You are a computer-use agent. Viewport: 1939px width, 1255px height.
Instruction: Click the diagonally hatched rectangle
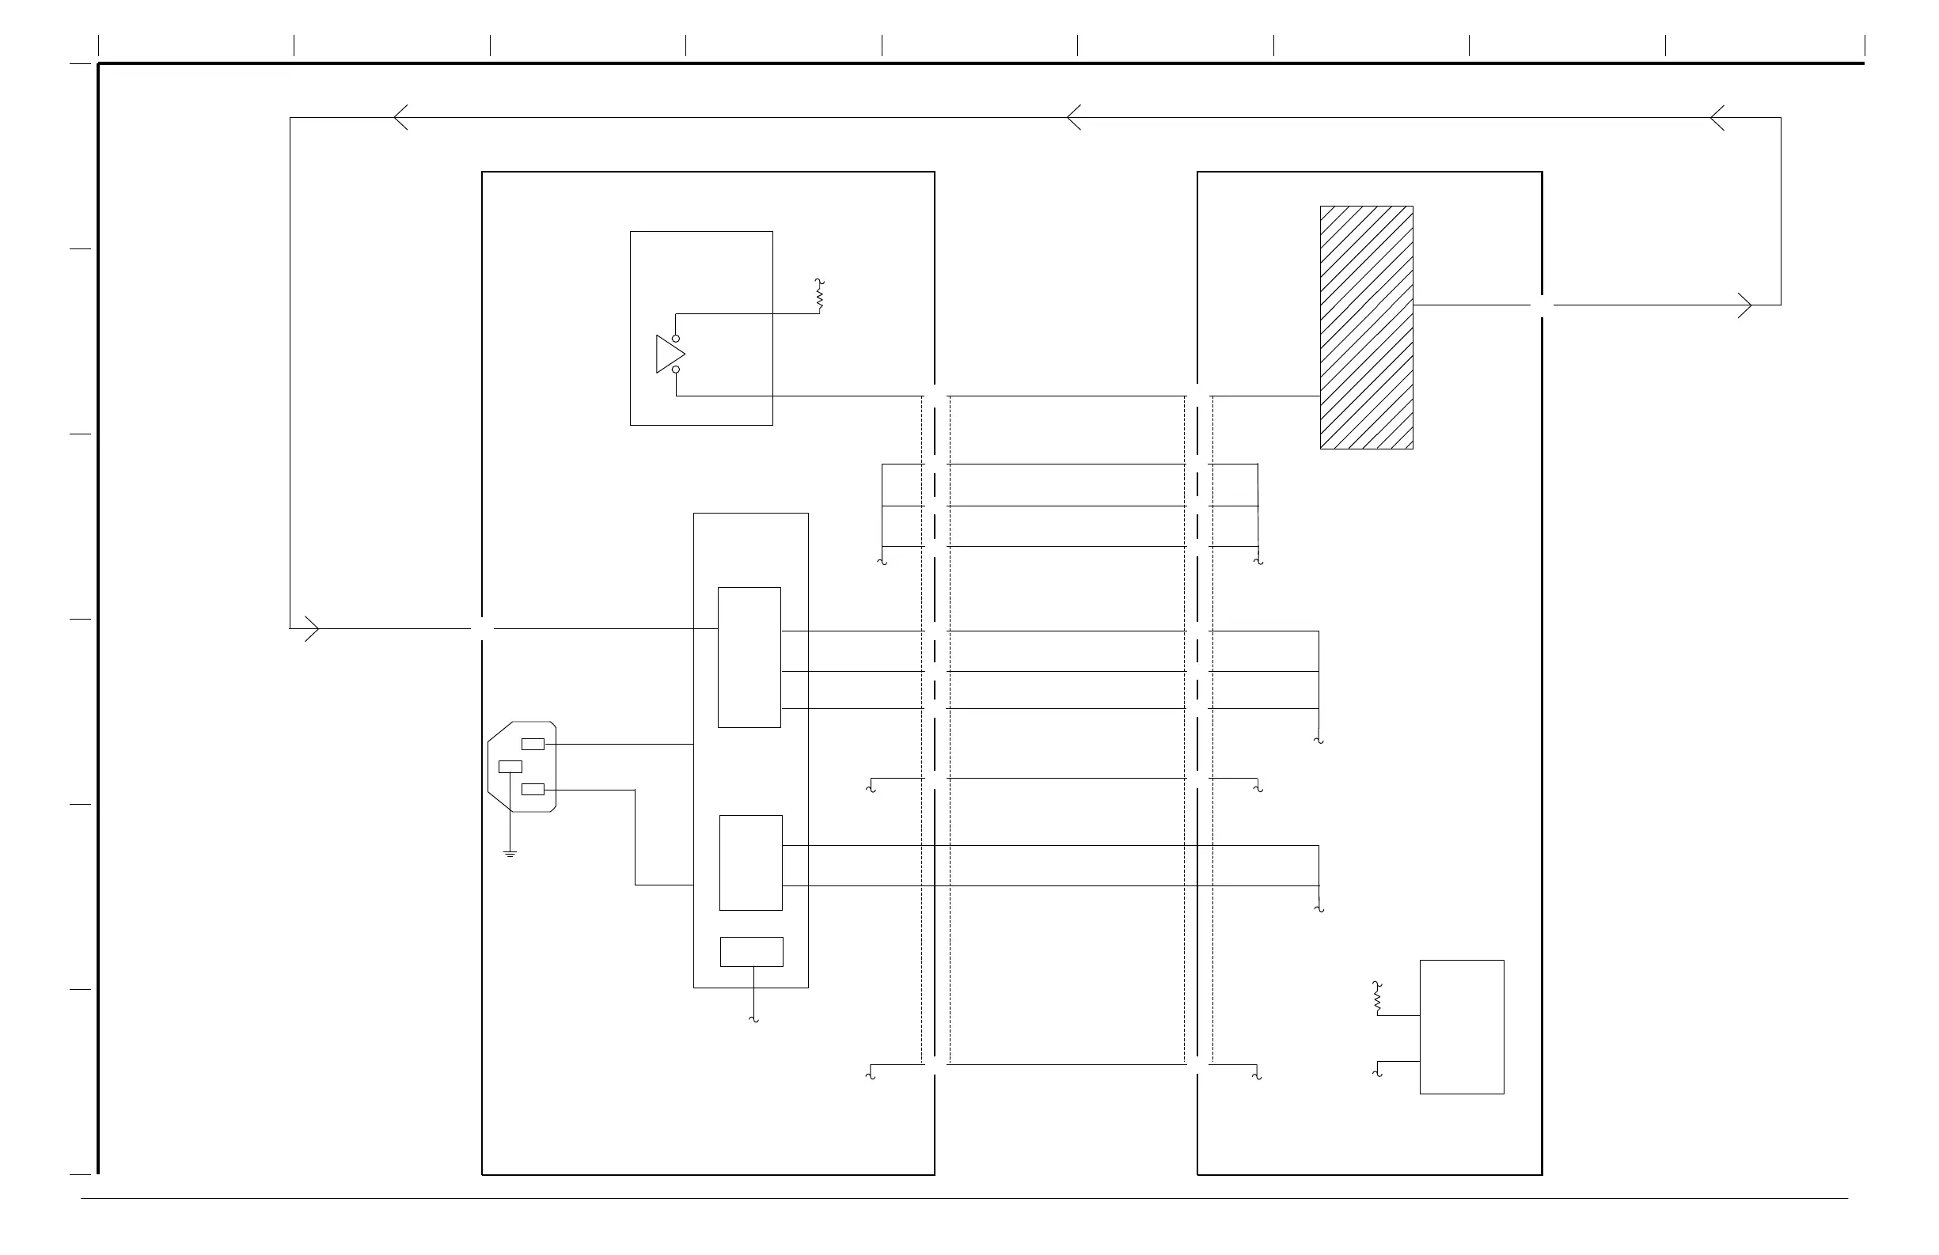click(1365, 327)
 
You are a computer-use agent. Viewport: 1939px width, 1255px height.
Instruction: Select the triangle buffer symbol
click(669, 355)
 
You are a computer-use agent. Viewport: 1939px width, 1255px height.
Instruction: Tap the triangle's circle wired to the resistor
click(675, 338)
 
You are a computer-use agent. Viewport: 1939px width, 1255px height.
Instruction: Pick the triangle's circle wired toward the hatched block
click(675, 370)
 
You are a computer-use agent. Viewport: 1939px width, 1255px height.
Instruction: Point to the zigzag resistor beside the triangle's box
click(820, 295)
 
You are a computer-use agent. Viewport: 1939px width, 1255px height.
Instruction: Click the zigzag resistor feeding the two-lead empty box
click(1377, 998)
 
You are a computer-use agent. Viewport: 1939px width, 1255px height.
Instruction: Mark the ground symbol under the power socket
click(510, 854)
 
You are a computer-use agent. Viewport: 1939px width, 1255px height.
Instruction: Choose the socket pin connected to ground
click(510, 766)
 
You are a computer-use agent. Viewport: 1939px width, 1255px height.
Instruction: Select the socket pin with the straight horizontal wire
click(533, 744)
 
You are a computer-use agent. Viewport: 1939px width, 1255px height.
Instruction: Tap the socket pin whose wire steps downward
click(533, 789)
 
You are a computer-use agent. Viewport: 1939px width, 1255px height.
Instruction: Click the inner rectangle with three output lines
click(749, 658)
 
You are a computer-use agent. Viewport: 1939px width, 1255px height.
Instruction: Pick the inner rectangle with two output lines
click(750, 863)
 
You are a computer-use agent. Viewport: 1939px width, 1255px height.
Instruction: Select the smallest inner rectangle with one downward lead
click(751, 951)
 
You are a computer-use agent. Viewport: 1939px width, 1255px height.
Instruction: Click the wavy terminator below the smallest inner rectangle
click(753, 1018)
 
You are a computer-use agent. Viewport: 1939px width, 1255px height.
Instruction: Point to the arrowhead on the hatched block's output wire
click(1744, 305)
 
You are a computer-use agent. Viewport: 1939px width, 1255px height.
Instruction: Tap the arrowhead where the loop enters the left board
click(312, 629)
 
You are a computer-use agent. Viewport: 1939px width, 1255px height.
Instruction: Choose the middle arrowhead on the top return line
click(1074, 117)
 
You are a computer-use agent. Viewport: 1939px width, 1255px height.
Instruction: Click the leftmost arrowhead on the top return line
click(400, 117)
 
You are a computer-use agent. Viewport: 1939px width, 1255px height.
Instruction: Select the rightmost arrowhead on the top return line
click(1717, 117)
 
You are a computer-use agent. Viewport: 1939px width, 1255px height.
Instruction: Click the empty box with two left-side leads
click(1462, 1026)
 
